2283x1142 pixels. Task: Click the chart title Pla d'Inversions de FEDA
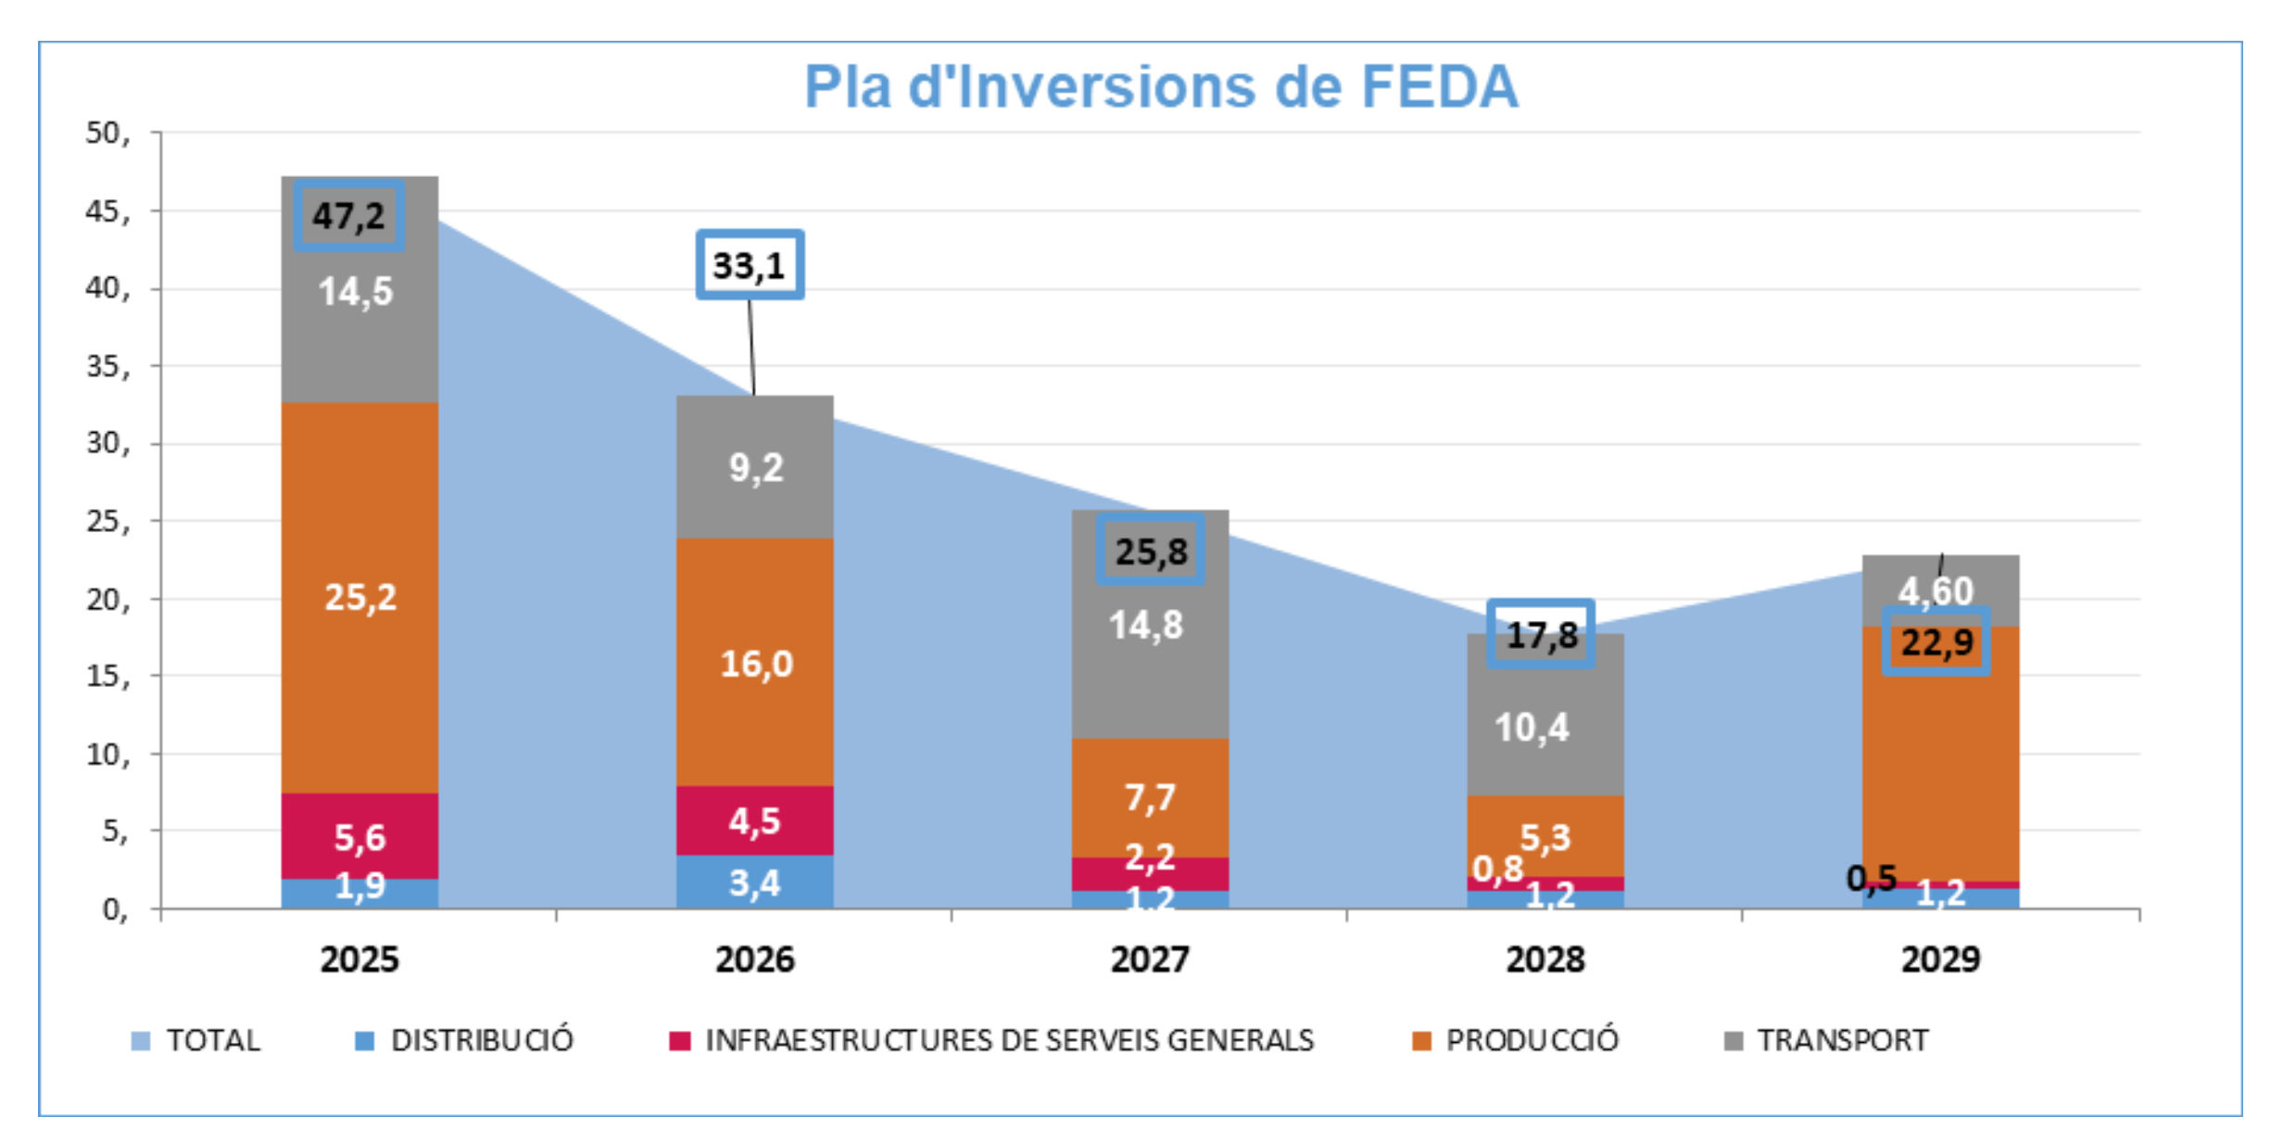(1161, 87)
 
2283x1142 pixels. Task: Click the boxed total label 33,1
(750, 266)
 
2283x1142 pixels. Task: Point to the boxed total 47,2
(348, 216)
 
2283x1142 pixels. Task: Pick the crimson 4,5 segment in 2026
(755, 821)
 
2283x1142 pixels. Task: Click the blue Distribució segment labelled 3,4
(755, 882)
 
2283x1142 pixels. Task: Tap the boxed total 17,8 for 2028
(1542, 636)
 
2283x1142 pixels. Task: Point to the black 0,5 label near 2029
(1872, 878)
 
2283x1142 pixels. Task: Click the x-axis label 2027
(1150, 959)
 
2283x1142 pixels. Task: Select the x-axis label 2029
(1941, 959)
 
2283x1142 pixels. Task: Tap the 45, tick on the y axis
(108, 211)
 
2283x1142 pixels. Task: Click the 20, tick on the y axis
(108, 600)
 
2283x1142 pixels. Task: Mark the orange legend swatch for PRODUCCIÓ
(1421, 1041)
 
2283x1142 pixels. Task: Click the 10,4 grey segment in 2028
(1533, 729)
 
